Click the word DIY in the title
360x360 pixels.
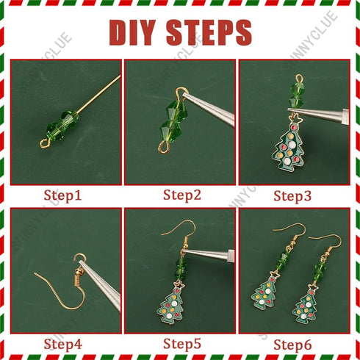point(135,33)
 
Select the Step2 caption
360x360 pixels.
point(181,195)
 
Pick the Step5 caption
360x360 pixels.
point(181,343)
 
